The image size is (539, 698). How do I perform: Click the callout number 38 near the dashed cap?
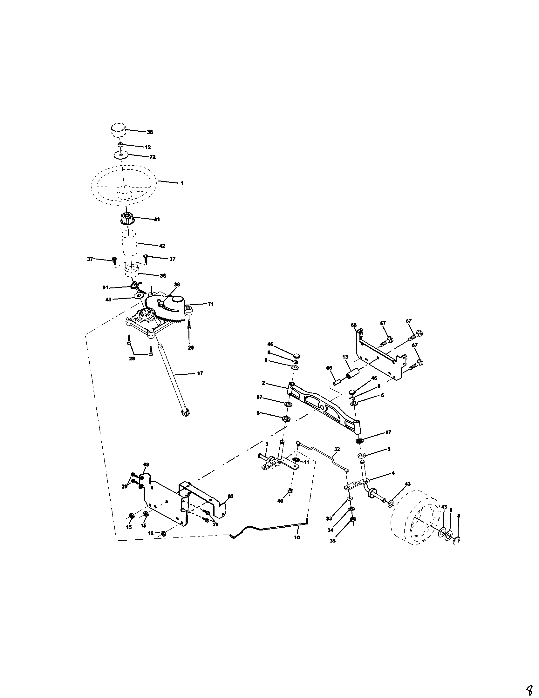tap(149, 132)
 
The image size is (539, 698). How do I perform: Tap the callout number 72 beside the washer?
tap(153, 157)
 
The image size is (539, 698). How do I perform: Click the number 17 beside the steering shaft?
tap(200, 373)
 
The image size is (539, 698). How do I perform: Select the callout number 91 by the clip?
tap(105, 288)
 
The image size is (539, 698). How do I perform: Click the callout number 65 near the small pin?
tap(329, 368)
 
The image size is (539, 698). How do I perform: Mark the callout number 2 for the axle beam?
tap(263, 383)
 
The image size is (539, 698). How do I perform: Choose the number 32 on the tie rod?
tap(337, 449)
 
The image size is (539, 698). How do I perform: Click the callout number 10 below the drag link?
tap(297, 537)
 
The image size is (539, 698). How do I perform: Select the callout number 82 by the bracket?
tap(231, 496)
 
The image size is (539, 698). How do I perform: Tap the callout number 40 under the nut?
tap(280, 501)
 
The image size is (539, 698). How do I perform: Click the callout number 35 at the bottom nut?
tap(333, 541)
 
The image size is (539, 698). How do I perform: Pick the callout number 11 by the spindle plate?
tap(306, 462)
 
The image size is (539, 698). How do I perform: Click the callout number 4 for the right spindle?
tap(393, 473)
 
